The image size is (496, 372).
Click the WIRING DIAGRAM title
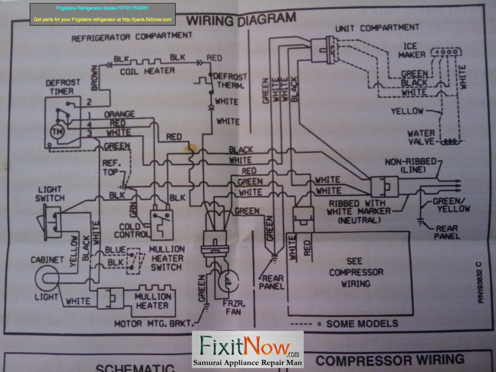point(241,19)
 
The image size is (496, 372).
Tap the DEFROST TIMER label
point(62,87)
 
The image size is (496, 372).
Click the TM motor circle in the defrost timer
point(57,132)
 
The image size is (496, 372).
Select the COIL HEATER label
point(147,71)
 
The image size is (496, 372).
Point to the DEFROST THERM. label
point(230,81)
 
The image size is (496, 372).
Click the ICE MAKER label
point(412,51)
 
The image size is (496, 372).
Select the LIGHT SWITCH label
point(50,194)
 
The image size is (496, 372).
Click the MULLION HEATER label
point(153,301)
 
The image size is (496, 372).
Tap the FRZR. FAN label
point(233,307)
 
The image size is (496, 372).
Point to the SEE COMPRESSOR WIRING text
point(356,272)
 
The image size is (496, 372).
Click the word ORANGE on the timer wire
point(119,114)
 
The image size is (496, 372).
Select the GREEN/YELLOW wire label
point(451,205)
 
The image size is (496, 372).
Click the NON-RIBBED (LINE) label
point(411,165)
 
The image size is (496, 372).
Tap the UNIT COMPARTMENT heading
point(377,28)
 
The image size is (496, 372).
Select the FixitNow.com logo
point(248,349)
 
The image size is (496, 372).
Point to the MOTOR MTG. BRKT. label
point(153,323)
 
